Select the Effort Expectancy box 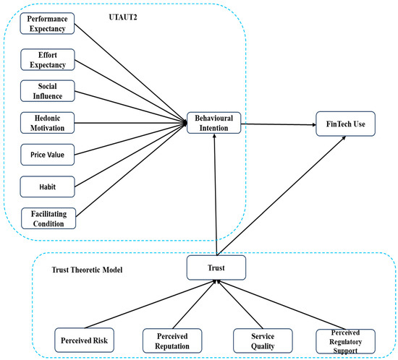click(42, 59)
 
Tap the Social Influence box click(42, 91)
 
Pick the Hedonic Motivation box click(42, 123)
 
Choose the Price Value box click(42, 155)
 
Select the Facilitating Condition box click(42, 218)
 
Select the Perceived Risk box click(85, 338)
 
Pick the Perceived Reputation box click(171, 338)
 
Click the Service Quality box click(261, 338)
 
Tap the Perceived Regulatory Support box click(344, 338)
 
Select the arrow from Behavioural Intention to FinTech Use click(279, 124)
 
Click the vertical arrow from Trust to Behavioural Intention click(213, 195)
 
